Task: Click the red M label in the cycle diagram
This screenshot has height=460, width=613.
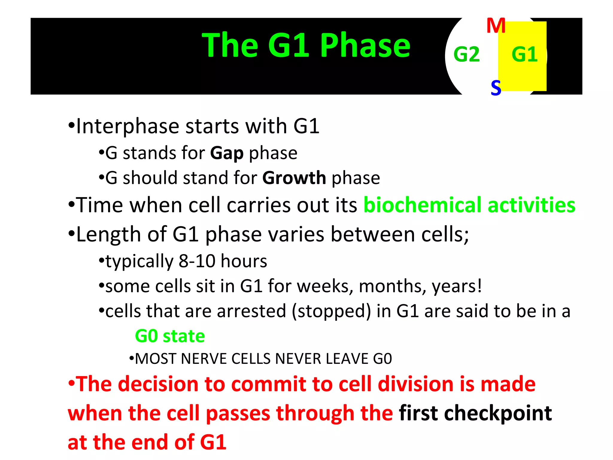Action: [x=496, y=26]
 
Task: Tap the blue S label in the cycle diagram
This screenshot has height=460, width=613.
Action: [x=496, y=88]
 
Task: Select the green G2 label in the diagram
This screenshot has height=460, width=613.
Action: [x=466, y=55]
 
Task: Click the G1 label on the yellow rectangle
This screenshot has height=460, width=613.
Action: [x=524, y=55]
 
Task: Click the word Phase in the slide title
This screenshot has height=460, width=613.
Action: [x=365, y=46]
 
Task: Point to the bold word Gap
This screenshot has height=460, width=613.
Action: [x=227, y=153]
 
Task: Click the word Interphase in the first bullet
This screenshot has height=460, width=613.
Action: [x=127, y=126]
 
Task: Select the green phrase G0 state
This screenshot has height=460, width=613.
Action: [x=170, y=336]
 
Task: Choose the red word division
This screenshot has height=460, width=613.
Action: [x=416, y=384]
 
